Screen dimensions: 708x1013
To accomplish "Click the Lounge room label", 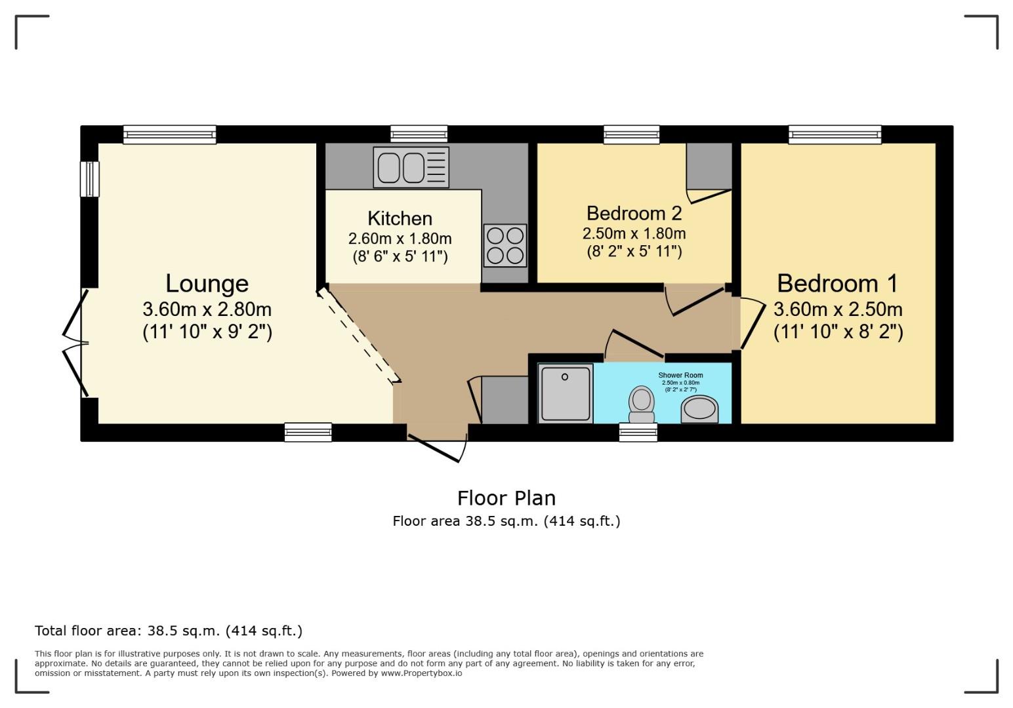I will coord(207,284).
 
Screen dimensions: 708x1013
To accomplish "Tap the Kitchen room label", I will coord(400,218).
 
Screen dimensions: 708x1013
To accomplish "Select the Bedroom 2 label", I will coord(634,213).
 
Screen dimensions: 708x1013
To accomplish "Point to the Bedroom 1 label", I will coord(837,284).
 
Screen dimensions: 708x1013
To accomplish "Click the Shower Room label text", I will coord(680,376).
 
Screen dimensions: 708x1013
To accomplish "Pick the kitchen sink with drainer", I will coord(411,167).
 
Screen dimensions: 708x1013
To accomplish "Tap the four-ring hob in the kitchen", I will coord(505,245).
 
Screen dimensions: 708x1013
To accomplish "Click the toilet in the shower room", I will coord(641,404).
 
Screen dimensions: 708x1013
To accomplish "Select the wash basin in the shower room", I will coord(699,410).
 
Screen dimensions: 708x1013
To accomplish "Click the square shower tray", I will coord(565,393).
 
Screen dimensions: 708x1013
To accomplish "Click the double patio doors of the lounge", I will coord(75,342).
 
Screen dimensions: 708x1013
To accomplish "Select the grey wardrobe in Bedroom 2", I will coord(709,166).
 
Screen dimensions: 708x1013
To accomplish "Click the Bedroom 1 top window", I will coord(835,135).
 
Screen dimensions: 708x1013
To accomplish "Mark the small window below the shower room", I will coord(638,432).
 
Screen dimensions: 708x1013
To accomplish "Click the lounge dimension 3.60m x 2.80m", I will coord(207,309).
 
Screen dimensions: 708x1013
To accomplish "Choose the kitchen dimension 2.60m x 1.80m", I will coord(400,239).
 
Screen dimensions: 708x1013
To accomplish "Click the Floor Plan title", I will coord(506,498).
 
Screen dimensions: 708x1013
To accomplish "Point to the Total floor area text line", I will coord(169,631).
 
